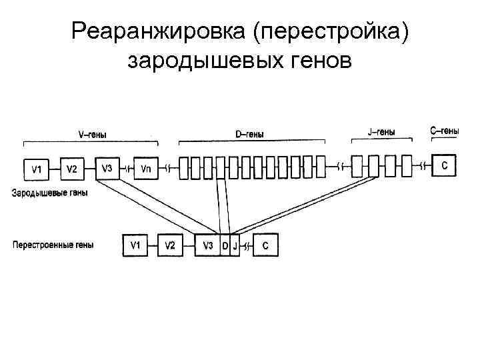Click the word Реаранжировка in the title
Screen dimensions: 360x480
161,31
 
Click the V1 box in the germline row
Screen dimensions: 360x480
37,169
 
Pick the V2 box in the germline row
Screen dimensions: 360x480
72,169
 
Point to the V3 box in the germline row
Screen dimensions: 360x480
107,168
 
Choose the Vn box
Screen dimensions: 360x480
146,169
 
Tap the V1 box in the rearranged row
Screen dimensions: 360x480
135,245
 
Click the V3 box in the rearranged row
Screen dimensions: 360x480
207,245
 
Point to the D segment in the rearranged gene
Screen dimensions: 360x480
225,245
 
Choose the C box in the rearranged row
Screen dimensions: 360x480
265,245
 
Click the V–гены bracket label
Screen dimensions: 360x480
91,133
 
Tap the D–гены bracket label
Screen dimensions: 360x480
249,134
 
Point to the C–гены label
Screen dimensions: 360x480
445,131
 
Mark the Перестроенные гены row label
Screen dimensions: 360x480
53,245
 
